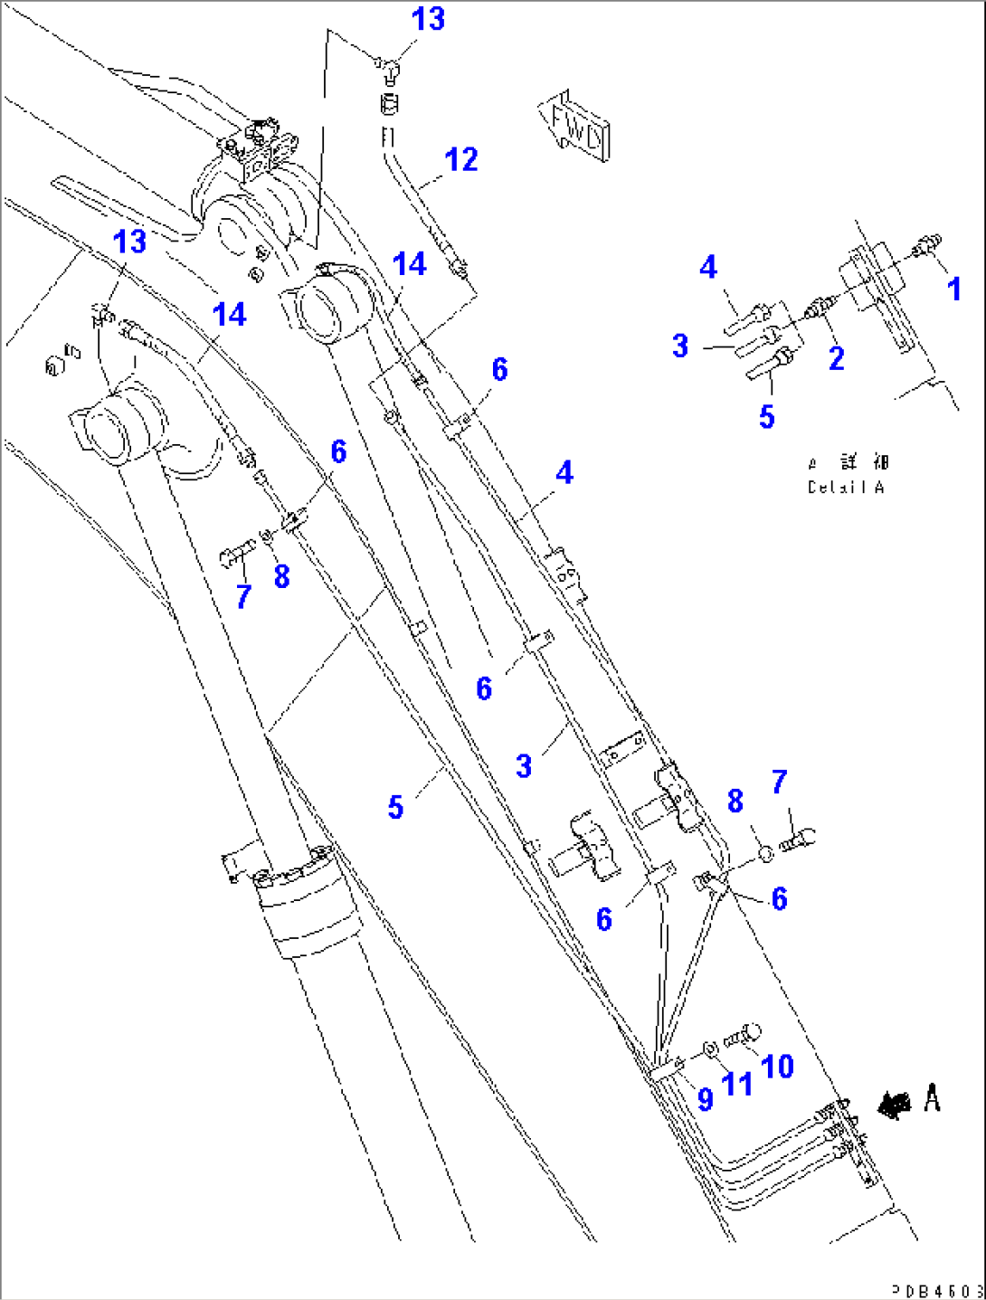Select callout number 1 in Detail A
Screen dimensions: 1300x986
click(953, 289)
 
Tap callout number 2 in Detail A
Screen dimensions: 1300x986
click(837, 357)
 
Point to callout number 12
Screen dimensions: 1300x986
click(461, 160)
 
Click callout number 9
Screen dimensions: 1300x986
click(706, 1098)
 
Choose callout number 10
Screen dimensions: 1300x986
click(777, 1067)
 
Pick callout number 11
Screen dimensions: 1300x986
click(737, 1083)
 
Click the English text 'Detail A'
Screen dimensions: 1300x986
click(846, 488)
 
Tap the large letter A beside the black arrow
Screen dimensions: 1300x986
click(932, 1099)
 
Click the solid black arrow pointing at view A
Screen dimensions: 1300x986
click(895, 1103)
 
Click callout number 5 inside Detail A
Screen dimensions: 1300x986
click(767, 416)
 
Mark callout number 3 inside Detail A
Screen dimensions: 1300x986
click(681, 346)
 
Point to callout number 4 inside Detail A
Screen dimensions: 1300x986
click(708, 267)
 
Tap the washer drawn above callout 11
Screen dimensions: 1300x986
click(711, 1049)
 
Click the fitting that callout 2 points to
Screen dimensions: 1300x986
click(821, 308)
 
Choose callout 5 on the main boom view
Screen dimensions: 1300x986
click(395, 807)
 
